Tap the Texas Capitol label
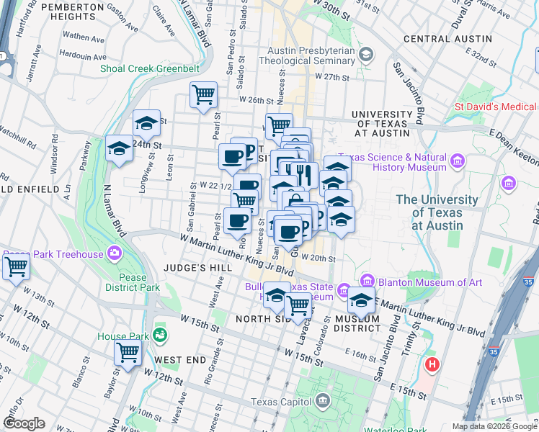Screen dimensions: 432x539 coord(282,402)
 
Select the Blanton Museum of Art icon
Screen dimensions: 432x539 coord(367,280)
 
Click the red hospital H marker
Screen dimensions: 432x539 coord(432,364)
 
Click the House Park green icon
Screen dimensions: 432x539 coord(159,335)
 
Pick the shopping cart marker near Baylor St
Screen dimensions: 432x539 coord(128,354)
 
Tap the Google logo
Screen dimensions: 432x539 coord(24,423)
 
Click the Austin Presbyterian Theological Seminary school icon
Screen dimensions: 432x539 coord(366,55)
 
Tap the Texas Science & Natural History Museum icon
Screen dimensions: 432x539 coord(456,160)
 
